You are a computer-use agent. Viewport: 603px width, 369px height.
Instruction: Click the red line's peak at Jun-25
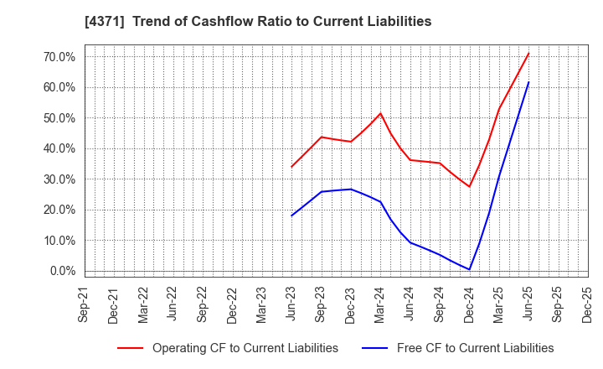point(528,54)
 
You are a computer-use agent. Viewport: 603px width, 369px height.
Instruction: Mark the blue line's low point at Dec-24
point(470,269)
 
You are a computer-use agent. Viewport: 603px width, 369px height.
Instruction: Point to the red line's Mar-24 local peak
point(380,113)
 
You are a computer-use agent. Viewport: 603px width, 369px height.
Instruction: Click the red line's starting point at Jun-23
point(291,167)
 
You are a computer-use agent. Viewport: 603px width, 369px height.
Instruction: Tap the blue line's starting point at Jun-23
point(291,216)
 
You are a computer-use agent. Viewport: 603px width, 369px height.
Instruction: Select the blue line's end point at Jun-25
point(528,82)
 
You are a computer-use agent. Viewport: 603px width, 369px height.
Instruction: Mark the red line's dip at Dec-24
point(470,186)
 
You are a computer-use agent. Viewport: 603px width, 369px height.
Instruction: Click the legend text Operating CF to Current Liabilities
point(245,348)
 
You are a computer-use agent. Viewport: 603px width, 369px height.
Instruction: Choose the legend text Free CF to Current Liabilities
point(475,348)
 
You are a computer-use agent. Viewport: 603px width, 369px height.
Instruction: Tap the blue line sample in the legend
point(375,348)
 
